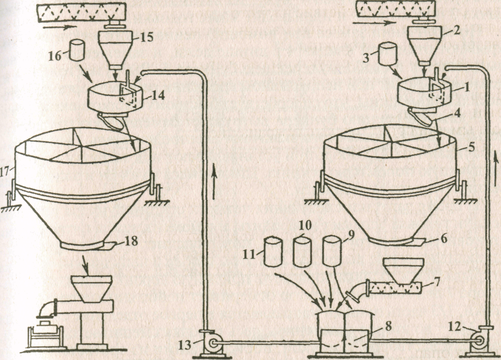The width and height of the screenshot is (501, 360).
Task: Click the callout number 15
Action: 146,37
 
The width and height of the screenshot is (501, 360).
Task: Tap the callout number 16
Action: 55,55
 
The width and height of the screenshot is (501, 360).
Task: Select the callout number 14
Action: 157,95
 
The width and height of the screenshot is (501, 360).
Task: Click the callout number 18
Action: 131,241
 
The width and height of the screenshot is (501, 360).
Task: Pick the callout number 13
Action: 185,345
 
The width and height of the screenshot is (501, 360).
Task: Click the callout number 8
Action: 388,326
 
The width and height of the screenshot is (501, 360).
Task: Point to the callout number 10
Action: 304,225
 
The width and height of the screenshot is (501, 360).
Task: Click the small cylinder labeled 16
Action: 77,50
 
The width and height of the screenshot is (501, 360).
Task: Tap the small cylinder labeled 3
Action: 387,55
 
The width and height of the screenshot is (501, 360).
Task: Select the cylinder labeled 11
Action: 273,251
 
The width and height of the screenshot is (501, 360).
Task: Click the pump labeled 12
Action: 480,340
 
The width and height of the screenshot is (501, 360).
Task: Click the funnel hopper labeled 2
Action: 425,45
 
